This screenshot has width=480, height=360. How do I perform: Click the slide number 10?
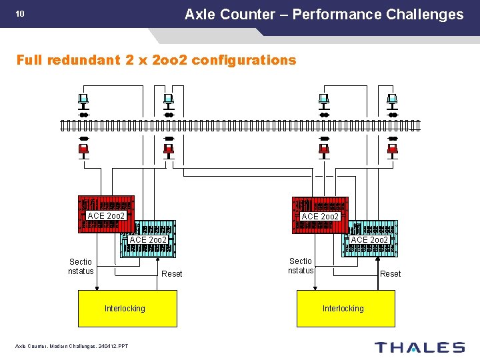(20, 14)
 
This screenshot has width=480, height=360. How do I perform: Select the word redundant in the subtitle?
(87, 60)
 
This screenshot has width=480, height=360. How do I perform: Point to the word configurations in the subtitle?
(244, 60)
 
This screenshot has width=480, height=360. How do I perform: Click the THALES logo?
(419, 347)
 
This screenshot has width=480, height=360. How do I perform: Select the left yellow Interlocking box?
(127, 308)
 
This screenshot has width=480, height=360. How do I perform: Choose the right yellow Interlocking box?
(345, 308)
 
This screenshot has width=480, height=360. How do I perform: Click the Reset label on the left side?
(172, 274)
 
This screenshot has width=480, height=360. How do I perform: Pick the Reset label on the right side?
(390, 274)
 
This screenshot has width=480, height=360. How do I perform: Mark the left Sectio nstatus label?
(81, 266)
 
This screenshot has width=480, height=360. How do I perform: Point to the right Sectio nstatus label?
(300, 266)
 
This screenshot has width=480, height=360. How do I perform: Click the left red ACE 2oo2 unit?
(106, 213)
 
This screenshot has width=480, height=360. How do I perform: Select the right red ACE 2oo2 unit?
(320, 214)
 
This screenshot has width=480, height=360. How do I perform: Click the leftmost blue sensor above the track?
(83, 101)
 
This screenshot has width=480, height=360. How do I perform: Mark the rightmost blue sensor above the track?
(393, 101)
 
